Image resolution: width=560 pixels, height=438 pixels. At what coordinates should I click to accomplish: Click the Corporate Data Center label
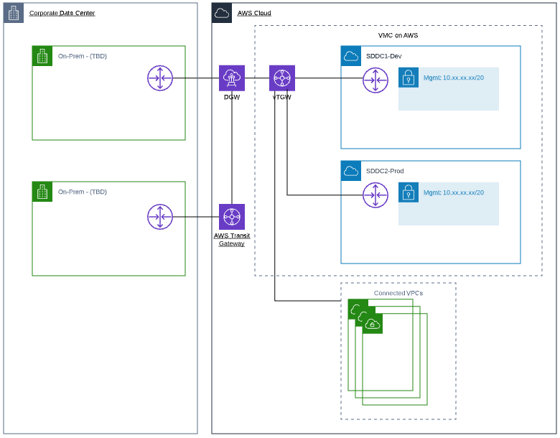(x=62, y=13)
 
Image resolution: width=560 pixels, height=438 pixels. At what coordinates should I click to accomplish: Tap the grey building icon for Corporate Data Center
(x=14, y=13)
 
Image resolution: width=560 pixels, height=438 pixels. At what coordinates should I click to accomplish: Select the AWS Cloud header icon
(x=222, y=13)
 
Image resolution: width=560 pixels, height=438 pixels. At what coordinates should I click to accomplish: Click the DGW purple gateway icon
(x=232, y=78)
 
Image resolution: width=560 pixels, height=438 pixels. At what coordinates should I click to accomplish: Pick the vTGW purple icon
(x=282, y=78)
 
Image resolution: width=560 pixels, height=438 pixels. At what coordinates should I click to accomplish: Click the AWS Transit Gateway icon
(x=232, y=216)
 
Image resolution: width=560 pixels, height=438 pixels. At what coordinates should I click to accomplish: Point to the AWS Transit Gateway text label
(x=232, y=239)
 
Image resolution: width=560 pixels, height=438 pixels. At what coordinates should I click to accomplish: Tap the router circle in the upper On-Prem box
(x=160, y=78)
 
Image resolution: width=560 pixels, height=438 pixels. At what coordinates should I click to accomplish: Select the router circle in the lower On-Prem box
(x=160, y=216)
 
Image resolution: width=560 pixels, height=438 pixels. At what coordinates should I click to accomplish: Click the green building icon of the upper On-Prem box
(x=42, y=56)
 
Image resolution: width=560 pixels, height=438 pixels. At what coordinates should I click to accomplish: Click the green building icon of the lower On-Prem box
(x=42, y=192)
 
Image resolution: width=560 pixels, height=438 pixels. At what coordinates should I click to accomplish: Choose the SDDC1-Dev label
(x=383, y=56)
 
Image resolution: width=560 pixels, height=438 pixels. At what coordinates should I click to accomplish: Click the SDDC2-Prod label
(x=385, y=171)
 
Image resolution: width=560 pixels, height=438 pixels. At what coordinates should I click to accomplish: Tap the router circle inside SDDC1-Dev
(x=375, y=80)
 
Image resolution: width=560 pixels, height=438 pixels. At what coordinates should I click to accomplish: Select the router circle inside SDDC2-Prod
(x=375, y=195)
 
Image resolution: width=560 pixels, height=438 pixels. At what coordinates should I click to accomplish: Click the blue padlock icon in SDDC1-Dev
(x=409, y=78)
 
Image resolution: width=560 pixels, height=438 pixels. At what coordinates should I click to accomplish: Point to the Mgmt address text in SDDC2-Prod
(x=454, y=192)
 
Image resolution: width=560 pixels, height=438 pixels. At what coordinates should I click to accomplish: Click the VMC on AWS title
(x=398, y=35)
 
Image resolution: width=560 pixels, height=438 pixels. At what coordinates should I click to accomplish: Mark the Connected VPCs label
(x=398, y=293)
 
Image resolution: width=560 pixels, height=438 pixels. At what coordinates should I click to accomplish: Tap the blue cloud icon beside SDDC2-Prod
(x=351, y=171)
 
